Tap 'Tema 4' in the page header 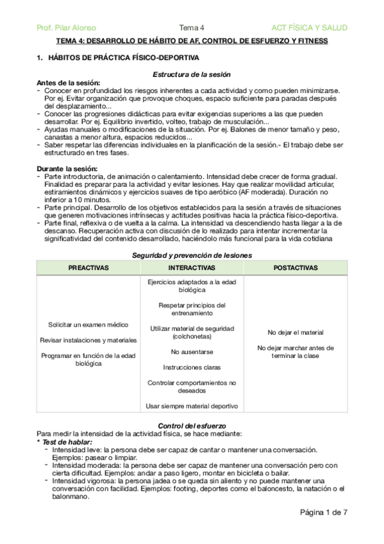pyautogui.click(x=192, y=28)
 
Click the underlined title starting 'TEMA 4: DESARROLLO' pyautogui.click(x=192, y=41)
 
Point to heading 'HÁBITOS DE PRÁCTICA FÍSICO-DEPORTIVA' pyautogui.click(x=110, y=58)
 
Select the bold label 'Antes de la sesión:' pyautogui.click(x=69, y=83)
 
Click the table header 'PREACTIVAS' pyautogui.click(x=88, y=267)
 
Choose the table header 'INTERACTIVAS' pyautogui.click(x=192, y=267)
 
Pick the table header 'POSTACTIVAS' pyautogui.click(x=296, y=267)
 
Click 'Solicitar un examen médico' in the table pyautogui.click(x=88, y=325)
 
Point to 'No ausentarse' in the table pyautogui.click(x=192, y=352)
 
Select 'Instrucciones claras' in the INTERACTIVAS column pyautogui.click(x=192, y=368)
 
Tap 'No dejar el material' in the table pyautogui.click(x=296, y=332)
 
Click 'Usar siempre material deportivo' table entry pyautogui.click(x=192, y=406)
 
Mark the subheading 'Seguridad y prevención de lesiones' pyautogui.click(x=192, y=255)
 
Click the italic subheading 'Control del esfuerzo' pyautogui.click(x=192, y=426)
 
